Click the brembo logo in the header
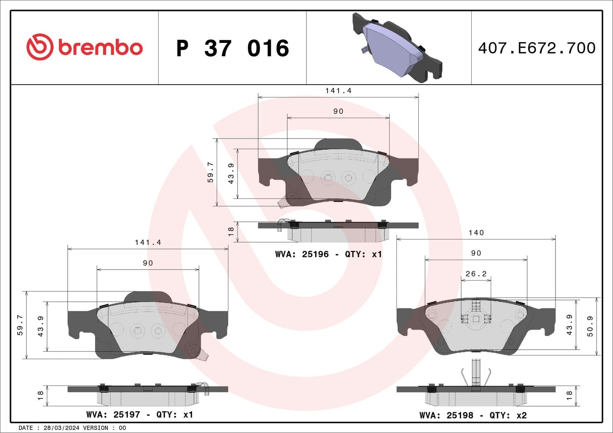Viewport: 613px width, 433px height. click(x=84, y=47)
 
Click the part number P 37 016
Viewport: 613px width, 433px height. click(x=232, y=48)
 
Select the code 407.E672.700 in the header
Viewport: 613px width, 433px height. click(x=536, y=48)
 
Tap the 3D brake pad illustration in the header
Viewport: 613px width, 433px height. click(x=397, y=48)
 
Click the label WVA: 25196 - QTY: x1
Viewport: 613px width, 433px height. click(x=328, y=254)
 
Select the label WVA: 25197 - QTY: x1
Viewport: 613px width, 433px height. click(x=139, y=415)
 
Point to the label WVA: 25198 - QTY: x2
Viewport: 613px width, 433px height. click(x=473, y=415)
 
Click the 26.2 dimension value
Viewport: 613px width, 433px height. click(x=476, y=274)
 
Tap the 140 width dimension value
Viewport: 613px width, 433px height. click(x=476, y=233)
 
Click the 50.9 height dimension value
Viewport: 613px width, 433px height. click(x=590, y=326)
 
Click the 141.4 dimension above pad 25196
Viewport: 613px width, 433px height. click(x=338, y=91)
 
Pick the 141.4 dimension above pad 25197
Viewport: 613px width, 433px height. click(x=148, y=243)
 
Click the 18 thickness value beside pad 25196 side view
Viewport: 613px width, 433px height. click(x=231, y=231)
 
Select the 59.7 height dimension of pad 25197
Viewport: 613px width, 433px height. click(x=20, y=325)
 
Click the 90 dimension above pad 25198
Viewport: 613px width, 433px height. click(x=476, y=253)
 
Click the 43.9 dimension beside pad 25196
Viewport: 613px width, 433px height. click(x=231, y=173)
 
